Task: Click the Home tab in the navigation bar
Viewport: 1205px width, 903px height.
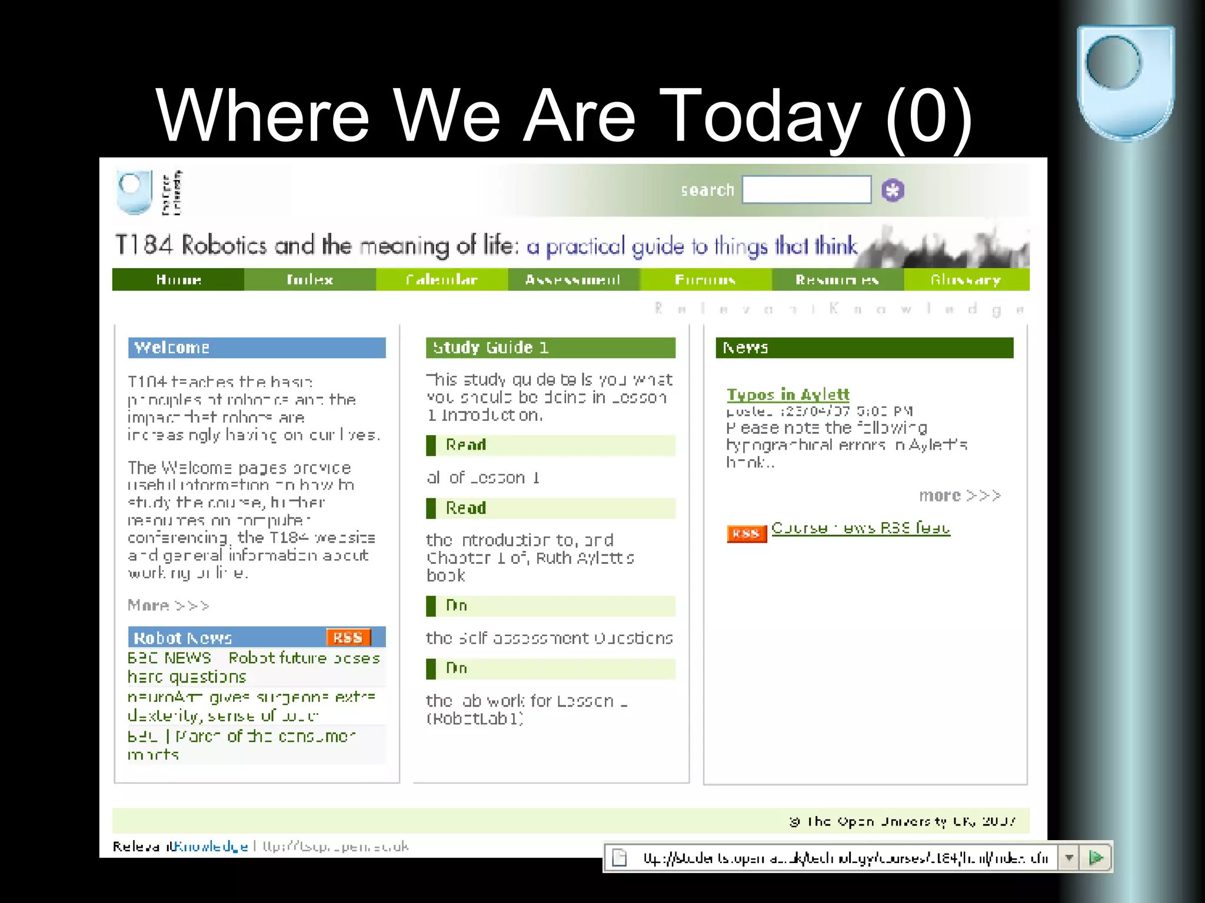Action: [178, 280]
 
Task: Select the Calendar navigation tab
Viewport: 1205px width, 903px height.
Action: [441, 280]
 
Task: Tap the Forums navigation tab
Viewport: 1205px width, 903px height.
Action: [705, 280]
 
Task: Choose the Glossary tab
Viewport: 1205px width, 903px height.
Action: [966, 280]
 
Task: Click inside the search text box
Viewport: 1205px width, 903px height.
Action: [806, 190]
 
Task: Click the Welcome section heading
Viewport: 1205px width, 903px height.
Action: [257, 347]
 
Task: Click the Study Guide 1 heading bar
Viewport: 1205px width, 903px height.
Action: [550, 347]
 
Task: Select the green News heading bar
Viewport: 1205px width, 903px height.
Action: [864, 347]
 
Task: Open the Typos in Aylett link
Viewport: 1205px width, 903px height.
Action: [788, 394]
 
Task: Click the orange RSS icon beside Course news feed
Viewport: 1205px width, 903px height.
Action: [746, 533]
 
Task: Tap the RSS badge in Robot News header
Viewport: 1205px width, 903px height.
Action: [348, 637]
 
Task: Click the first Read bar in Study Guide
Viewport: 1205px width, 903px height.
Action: [550, 445]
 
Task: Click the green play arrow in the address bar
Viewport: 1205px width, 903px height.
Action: [1096, 858]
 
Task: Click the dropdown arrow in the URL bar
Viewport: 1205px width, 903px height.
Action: [1069, 858]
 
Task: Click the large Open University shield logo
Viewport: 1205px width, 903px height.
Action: [1125, 82]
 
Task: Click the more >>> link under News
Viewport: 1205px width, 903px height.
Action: [960, 496]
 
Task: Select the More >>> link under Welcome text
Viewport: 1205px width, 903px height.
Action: [168, 605]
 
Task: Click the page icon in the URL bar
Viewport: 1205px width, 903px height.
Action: [620, 858]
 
